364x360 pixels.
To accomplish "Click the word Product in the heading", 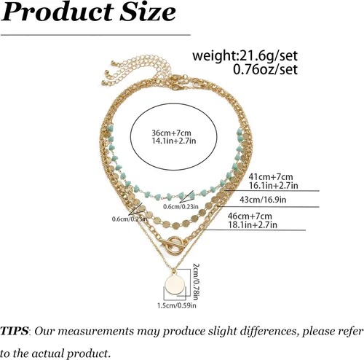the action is click(x=58, y=12).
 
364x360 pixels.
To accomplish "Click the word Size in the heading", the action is click(x=148, y=12).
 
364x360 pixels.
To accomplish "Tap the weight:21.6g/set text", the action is click(x=245, y=56).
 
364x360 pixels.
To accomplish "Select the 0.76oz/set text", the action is click(x=265, y=69).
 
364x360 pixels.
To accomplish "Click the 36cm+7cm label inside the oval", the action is click(x=171, y=133).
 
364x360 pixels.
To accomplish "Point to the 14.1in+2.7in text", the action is click(x=174, y=141).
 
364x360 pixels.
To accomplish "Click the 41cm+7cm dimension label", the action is click(x=270, y=176).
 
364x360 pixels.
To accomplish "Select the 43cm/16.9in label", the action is click(x=263, y=200).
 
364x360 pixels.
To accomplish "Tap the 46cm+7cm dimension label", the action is click(x=250, y=216).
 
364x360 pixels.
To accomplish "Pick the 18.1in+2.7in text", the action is click(x=253, y=224).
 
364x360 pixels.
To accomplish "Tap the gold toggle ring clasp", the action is click(x=174, y=245).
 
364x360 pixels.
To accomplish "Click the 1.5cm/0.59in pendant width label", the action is click(x=177, y=305).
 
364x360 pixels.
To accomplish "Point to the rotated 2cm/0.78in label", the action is click(x=196, y=282).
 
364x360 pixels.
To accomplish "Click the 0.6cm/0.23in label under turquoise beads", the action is click(x=181, y=207).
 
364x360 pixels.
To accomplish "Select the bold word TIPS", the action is click(x=14, y=331).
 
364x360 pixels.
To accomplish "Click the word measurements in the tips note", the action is click(x=95, y=331).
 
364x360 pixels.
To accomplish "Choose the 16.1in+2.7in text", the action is click(x=274, y=186).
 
